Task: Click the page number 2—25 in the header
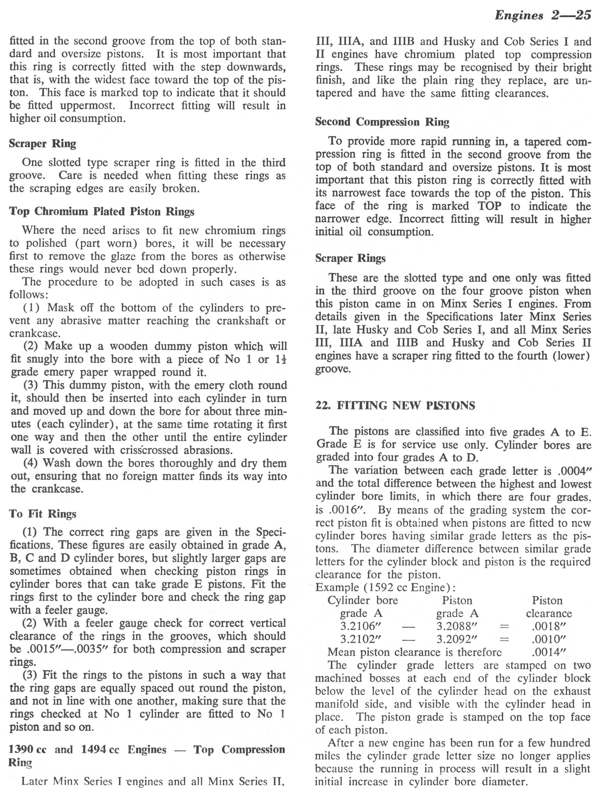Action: coord(571,15)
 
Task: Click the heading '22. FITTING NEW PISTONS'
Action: coord(395,405)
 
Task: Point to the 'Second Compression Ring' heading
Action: coord(382,122)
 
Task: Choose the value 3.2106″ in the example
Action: coord(361,626)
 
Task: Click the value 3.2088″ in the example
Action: coord(457,626)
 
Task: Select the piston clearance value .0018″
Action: coord(548,626)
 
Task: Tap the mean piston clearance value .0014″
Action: coord(548,652)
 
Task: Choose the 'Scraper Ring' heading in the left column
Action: coord(43,143)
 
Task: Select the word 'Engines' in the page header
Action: coord(519,15)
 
